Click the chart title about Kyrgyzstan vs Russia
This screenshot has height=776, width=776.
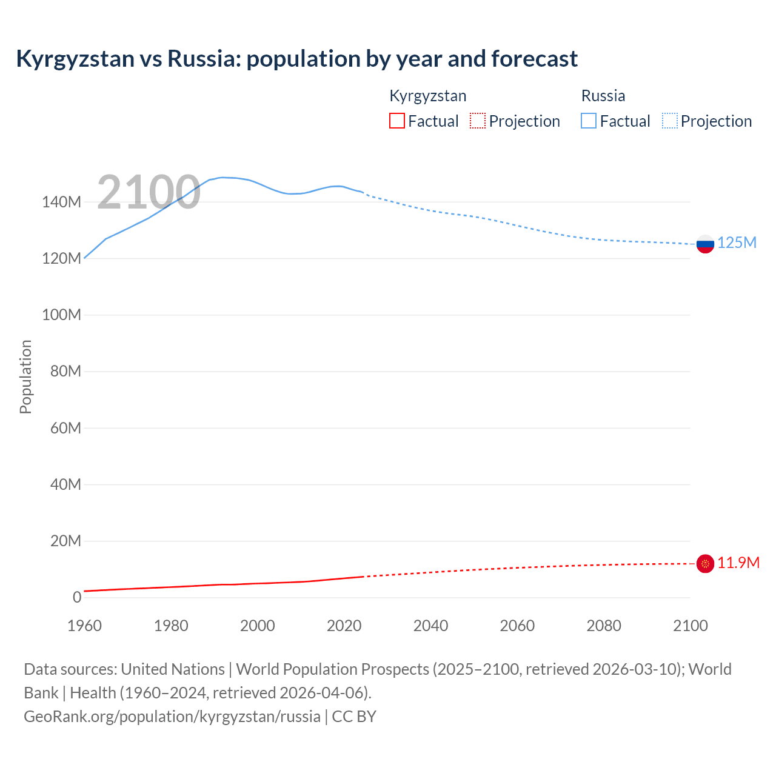(296, 59)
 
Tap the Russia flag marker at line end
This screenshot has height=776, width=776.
(705, 244)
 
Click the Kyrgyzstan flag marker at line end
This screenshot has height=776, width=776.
(705, 564)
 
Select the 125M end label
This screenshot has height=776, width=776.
(737, 243)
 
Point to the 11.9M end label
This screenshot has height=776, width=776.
(738, 563)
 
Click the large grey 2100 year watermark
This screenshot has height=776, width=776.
(149, 192)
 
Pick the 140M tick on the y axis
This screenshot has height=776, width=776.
(61, 202)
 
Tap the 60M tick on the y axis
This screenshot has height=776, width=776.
(65, 429)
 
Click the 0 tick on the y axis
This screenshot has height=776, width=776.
(77, 598)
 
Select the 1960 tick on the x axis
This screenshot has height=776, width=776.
(84, 626)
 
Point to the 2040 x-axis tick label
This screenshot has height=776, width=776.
(430, 626)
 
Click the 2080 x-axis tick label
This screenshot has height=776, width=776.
(604, 626)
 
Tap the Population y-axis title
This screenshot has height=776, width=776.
(25, 376)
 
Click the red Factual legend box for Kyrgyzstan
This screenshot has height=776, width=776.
(396, 121)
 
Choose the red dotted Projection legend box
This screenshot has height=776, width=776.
(478, 121)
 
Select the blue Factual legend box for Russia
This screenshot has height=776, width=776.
(589, 121)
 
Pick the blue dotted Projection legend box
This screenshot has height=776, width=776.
(670, 121)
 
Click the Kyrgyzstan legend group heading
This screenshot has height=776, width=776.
(427, 96)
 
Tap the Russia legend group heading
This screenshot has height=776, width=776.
(603, 96)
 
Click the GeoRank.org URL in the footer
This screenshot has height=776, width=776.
(172, 717)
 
